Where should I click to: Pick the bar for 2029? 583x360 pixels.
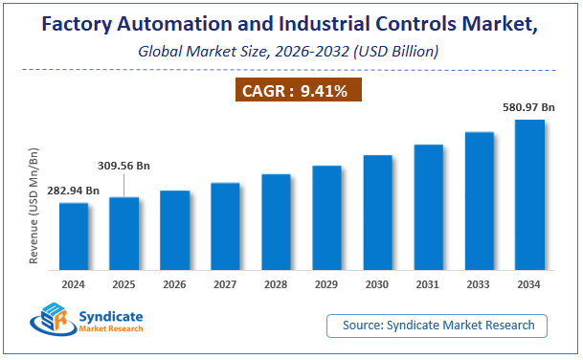coord(326,217)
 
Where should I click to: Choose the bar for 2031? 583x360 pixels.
coord(428,207)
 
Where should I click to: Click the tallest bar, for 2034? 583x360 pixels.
coord(529,194)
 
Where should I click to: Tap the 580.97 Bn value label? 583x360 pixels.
coord(529,108)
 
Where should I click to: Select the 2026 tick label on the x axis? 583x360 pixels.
coord(175,284)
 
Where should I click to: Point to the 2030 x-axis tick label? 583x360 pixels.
coord(377,284)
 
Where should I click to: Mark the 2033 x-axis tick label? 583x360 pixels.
coord(479,284)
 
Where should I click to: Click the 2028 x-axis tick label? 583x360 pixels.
coord(276,284)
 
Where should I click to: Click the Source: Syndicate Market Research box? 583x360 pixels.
coord(437,326)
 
